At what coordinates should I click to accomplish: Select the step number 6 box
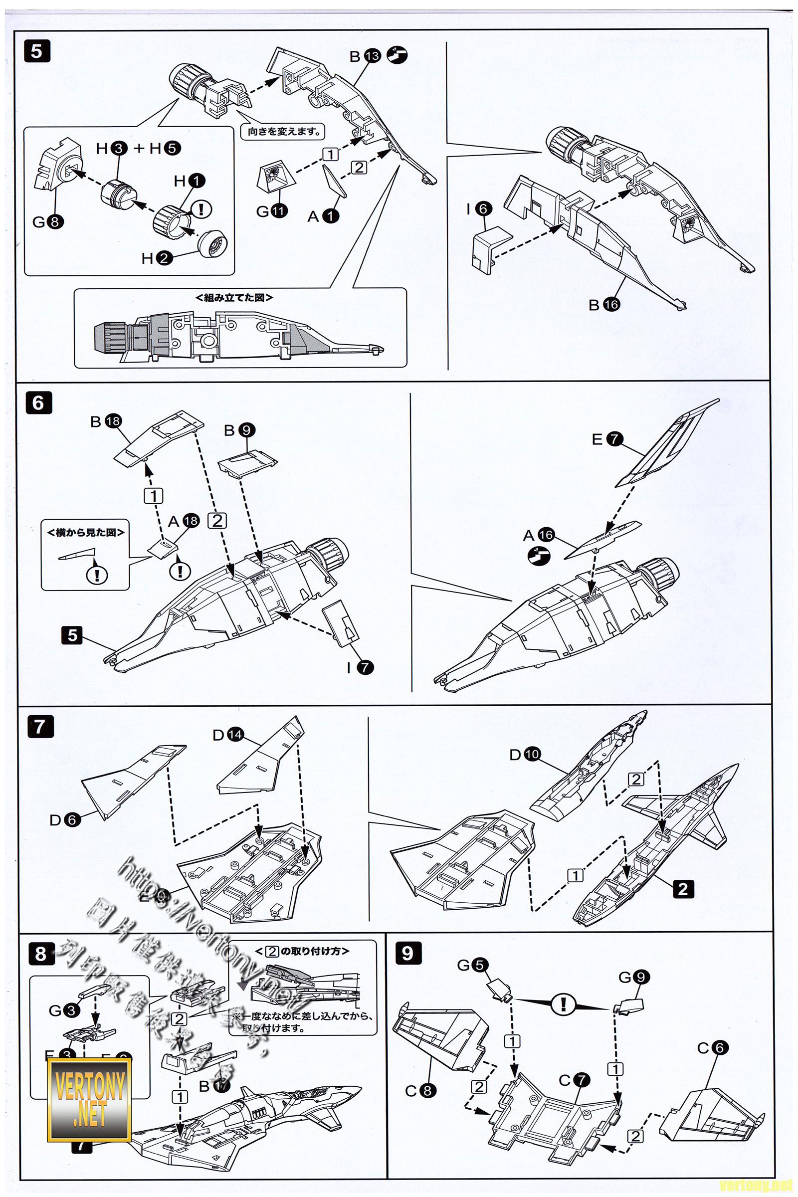click(38, 403)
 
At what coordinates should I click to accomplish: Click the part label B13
click(365, 56)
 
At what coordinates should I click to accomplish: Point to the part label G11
click(271, 210)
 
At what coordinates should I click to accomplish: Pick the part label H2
click(156, 258)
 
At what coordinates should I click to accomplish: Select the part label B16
click(603, 304)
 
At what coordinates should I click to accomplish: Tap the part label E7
click(607, 439)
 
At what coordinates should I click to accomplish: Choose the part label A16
click(539, 535)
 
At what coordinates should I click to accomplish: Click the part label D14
click(227, 735)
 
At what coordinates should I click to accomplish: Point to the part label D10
click(524, 755)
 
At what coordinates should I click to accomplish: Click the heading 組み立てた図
click(234, 298)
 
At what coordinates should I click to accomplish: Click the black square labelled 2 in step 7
click(682, 889)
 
